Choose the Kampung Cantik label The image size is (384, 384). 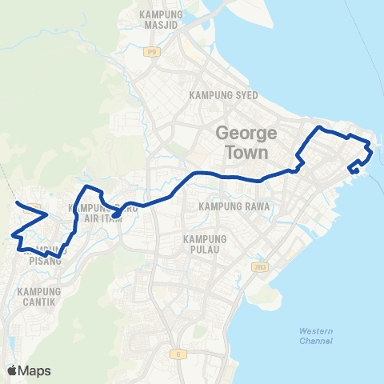(39, 296)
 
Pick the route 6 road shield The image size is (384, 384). (173, 352)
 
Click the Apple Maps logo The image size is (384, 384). (29, 370)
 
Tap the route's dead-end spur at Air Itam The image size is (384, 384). (114, 215)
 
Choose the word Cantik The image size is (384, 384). (39, 301)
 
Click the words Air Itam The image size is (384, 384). (109, 220)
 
